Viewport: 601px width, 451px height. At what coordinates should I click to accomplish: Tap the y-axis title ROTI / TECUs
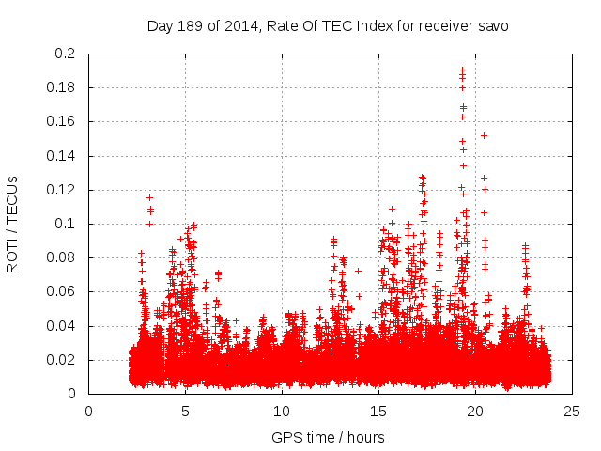click(12, 224)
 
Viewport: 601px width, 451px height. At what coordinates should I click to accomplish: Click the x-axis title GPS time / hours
click(328, 437)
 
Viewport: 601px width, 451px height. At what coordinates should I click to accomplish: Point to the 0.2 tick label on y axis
click(66, 54)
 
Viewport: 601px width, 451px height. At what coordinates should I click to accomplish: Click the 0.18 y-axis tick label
click(62, 87)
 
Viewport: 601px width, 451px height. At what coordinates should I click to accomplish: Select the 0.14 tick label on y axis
click(62, 156)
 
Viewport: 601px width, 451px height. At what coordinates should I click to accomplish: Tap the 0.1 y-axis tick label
click(66, 224)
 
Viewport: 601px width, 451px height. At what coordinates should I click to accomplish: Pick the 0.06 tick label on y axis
click(62, 292)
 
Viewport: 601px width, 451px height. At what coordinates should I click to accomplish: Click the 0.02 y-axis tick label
click(62, 360)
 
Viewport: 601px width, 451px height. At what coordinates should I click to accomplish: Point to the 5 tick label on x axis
click(185, 411)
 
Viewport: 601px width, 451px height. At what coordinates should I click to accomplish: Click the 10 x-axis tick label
click(282, 411)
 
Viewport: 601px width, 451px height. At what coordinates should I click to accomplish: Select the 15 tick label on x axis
click(378, 411)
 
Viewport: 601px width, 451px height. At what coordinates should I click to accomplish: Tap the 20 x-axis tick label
click(475, 411)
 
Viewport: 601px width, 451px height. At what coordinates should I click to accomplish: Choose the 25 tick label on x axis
click(572, 411)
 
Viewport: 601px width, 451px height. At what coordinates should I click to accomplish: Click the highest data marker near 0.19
click(462, 70)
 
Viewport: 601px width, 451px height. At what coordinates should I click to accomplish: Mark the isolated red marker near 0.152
click(484, 135)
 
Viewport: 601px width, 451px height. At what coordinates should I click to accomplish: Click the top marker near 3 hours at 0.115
click(149, 197)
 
